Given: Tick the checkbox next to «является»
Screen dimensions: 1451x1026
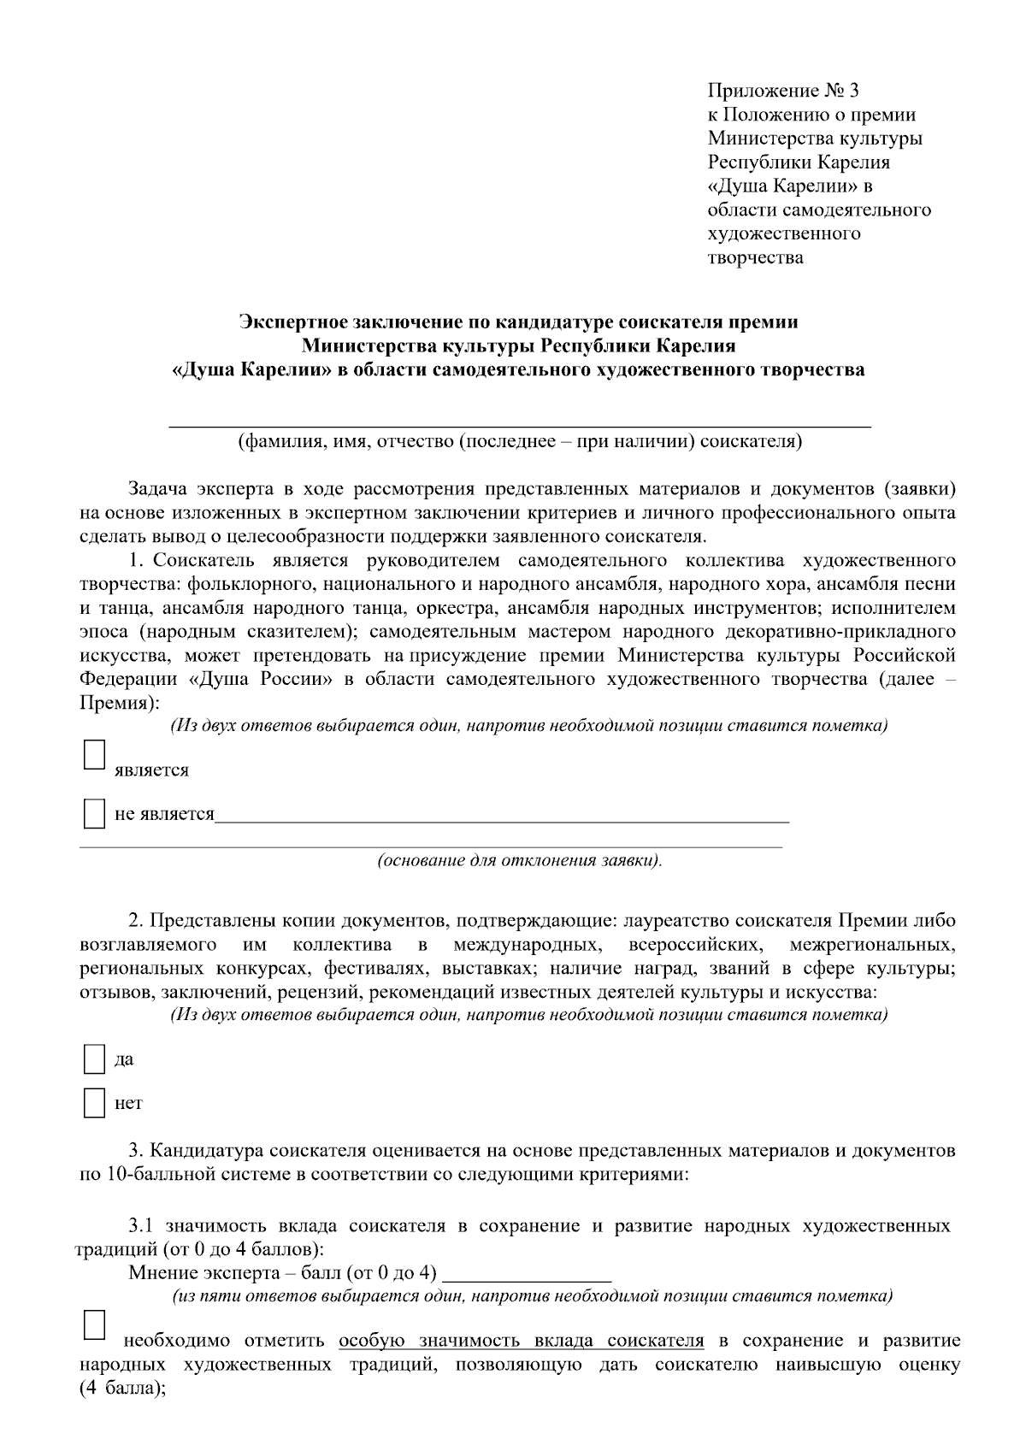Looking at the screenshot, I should (x=94, y=755).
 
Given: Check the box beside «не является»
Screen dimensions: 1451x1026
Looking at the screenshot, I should (x=94, y=813).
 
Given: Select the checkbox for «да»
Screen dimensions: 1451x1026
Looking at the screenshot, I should (x=94, y=1059).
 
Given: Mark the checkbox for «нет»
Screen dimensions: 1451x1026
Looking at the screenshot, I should (x=94, y=1103).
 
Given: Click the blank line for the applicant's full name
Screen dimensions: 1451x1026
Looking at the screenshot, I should (x=520, y=419).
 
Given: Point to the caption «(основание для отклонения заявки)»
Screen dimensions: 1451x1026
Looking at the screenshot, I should (x=520, y=860).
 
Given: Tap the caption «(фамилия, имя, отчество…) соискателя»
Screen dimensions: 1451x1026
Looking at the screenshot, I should (x=520, y=442).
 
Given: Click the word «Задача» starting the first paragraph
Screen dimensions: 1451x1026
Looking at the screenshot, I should (x=157, y=489).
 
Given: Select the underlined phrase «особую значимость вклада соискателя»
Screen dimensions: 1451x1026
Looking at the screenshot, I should (x=522, y=1340).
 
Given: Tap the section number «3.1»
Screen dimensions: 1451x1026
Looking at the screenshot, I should (x=141, y=1226).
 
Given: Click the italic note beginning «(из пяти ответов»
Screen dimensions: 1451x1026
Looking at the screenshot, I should (x=533, y=1296).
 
